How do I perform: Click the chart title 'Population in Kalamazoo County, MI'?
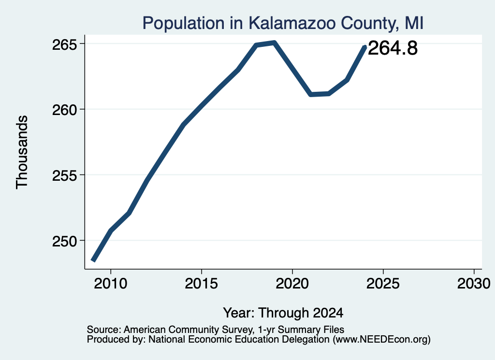click(x=282, y=23)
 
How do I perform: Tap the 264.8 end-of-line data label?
click(x=393, y=48)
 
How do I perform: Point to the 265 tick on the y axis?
click(x=65, y=44)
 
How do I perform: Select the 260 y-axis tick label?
click(x=65, y=110)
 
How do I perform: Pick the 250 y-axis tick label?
click(x=65, y=241)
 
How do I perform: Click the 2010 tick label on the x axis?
click(x=111, y=283)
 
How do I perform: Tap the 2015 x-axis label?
click(x=202, y=283)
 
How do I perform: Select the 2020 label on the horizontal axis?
click(x=292, y=283)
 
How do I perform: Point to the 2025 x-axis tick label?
click(x=383, y=283)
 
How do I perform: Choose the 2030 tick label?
click(x=474, y=283)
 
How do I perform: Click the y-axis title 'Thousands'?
click(x=22, y=152)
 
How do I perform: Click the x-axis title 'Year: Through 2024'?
click(x=283, y=313)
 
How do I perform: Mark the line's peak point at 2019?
click(x=275, y=43)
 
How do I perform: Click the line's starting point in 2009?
click(x=93, y=260)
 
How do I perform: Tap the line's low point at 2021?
click(x=311, y=94)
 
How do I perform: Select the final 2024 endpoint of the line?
click(x=365, y=47)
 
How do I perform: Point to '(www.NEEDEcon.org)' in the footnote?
click(x=382, y=340)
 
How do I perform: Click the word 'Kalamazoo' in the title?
click(x=291, y=23)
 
